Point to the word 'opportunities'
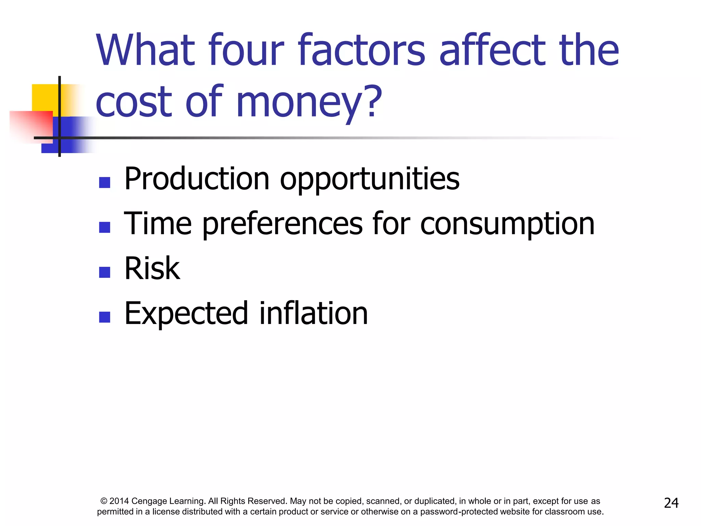(370, 180)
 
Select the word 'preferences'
(282, 224)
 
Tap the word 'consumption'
(507, 224)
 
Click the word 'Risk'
(152, 268)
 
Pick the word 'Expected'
(186, 314)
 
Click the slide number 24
(671, 503)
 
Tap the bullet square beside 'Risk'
(104, 272)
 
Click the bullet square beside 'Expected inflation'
(104, 317)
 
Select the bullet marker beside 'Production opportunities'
(104, 183)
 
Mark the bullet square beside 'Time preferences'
(104, 227)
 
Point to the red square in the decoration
(31, 125)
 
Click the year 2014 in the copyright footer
(119, 501)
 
